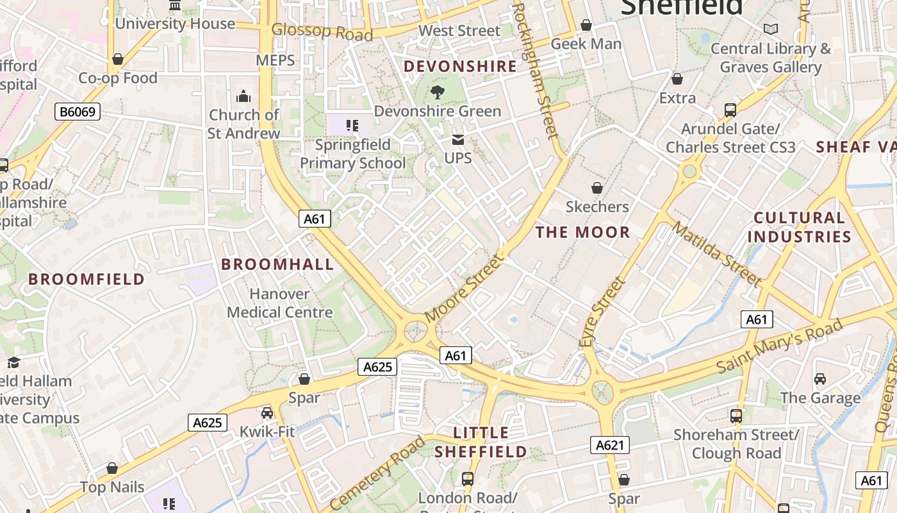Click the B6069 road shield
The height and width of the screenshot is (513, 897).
[x=78, y=112]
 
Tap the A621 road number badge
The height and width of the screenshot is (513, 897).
[x=609, y=445]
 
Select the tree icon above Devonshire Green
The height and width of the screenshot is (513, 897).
[x=438, y=92]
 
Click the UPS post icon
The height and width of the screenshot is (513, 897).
[x=458, y=140]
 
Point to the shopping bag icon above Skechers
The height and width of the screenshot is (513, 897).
[x=597, y=188]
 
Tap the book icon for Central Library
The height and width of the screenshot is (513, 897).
[x=770, y=29]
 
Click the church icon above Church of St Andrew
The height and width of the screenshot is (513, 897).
[x=243, y=97]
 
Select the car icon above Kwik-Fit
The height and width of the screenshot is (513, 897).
[x=267, y=413]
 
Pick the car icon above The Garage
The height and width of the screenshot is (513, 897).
[x=820, y=379]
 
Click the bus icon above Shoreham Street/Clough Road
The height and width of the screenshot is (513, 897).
[x=736, y=416]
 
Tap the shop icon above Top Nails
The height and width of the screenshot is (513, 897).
[x=113, y=469]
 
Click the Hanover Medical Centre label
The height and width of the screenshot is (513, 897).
[x=280, y=303]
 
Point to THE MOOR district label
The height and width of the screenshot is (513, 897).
[x=583, y=232]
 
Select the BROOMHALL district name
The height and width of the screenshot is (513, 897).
[x=277, y=264]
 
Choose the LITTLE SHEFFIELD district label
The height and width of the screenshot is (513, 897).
[x=481, y=442]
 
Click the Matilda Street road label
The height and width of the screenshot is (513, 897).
[x=717, y=254]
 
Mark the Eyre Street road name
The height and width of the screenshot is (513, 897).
[x=601, y=312]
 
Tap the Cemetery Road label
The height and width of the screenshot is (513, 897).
[x=378, y=473]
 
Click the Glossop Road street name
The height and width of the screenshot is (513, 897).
[x=322, y=31]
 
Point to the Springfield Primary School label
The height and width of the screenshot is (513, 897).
[x=353, y=154]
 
